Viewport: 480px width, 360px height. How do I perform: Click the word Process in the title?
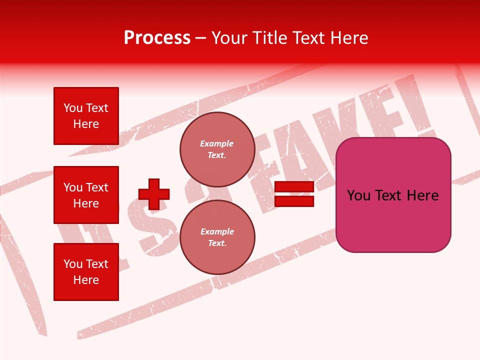pos(157,38)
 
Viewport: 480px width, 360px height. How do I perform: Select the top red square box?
pos(86,116)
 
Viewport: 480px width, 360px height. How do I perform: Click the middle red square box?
pos(86,195)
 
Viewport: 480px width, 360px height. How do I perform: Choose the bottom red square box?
pos(86,272)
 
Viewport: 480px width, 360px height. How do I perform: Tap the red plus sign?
pos(154,194)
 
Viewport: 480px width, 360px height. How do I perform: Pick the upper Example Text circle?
pos(217,149)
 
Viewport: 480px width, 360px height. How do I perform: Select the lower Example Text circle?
pos(217,237)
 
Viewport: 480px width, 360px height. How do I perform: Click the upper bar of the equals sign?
pos(294,187)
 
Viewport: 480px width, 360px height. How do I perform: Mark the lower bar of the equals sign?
pos(294,201)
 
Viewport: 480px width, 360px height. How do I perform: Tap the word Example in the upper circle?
pos(217,143)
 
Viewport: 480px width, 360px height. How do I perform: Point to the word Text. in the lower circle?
pos(217,243)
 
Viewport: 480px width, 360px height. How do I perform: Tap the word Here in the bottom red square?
pos(86,280)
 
